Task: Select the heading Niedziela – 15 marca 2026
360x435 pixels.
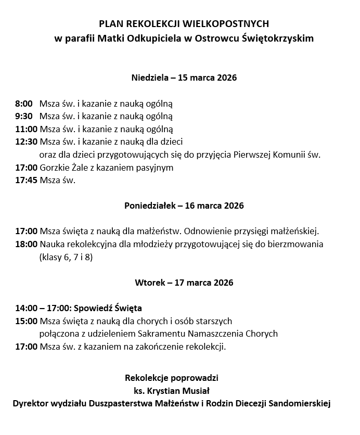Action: (x=184, y=78)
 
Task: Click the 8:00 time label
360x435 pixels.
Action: (x=24, y=104)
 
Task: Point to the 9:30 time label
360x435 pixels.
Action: (x=24, y=116)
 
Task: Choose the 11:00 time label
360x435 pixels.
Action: (x=26, y=129)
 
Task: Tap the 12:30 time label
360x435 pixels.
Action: (x=26, y=142)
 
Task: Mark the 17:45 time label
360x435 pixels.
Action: (x=26, y=181)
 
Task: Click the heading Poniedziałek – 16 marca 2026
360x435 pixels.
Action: (x=184, y=206)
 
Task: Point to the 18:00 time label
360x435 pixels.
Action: (x=26, y=244)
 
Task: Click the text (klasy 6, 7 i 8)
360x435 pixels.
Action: (x=66, y=257)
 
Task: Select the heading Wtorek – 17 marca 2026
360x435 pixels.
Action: (x=184, y=283)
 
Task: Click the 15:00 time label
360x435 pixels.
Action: (x=26, y=321)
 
